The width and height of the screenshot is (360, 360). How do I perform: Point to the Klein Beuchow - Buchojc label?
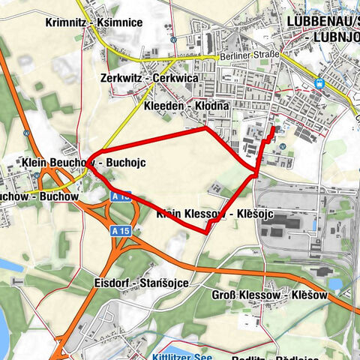[83, 162]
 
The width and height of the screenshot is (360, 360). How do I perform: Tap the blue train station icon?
[321, 84]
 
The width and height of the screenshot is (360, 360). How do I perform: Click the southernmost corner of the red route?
[206, 232]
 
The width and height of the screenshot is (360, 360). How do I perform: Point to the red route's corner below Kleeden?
[206, 127]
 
